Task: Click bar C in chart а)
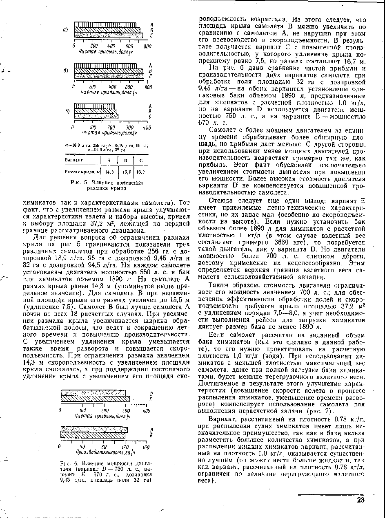pos(108,35)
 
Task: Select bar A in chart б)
pos(108,66)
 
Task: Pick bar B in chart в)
pos(95,111)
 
